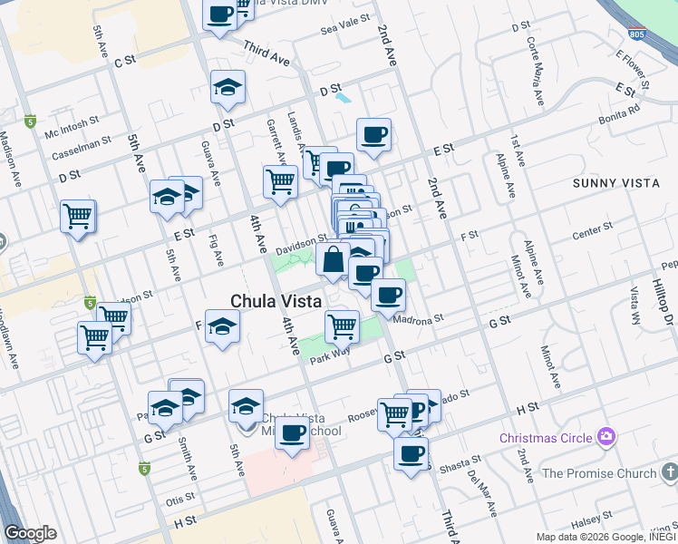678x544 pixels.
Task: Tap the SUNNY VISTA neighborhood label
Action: point(616,183)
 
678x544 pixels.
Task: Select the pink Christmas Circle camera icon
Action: point(606,437)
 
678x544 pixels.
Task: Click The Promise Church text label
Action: point(598,473)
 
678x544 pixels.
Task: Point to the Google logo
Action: point(31,533)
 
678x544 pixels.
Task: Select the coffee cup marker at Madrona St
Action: point(388,295)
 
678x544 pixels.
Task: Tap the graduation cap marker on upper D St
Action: point(227,87)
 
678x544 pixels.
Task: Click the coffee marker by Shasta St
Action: point(411,452)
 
